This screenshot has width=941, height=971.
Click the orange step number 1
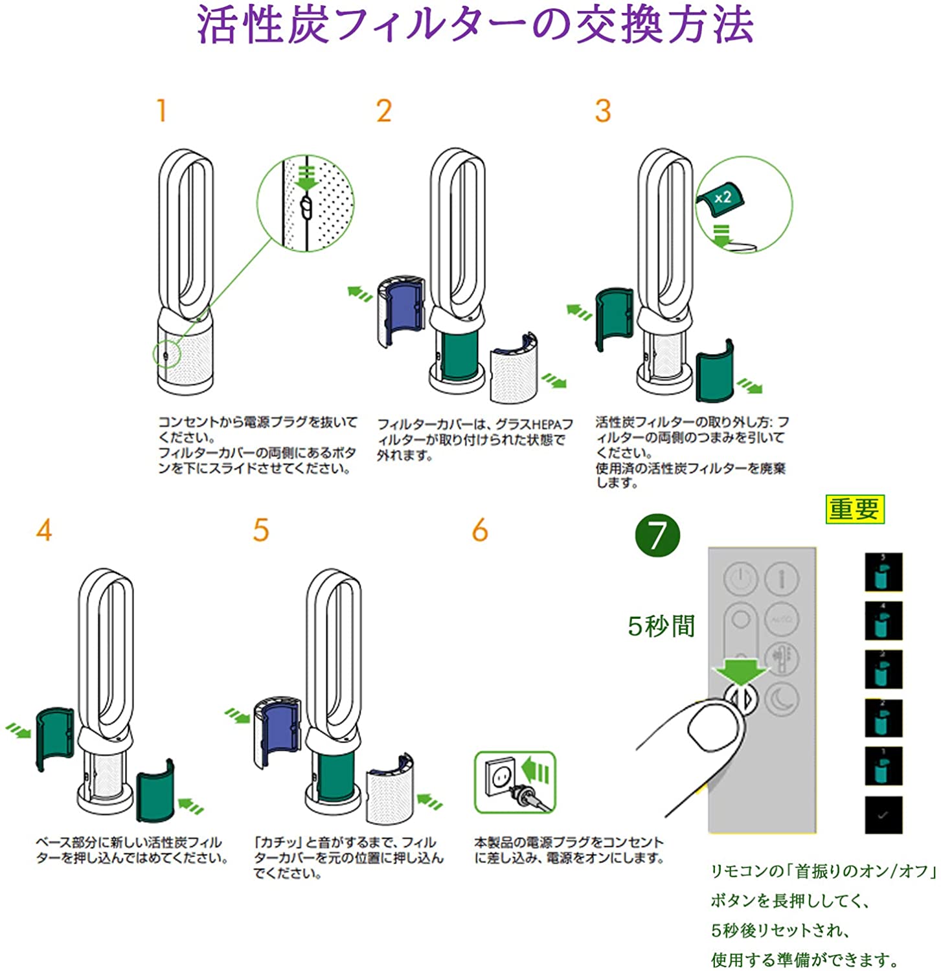pos(162,110)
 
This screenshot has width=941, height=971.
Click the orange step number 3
pos(603,111)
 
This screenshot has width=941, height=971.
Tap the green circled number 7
pos(657,536)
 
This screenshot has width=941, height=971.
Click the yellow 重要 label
pos(854,509)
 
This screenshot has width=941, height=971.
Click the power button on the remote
pos(740,577)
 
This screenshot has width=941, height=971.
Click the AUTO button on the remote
pos(780,620)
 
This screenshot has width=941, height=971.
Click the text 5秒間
pos(661,626)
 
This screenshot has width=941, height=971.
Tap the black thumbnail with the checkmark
pos(883,815)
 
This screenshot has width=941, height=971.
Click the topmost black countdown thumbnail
pos(883,572)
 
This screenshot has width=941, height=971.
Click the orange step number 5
pos(260,530)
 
